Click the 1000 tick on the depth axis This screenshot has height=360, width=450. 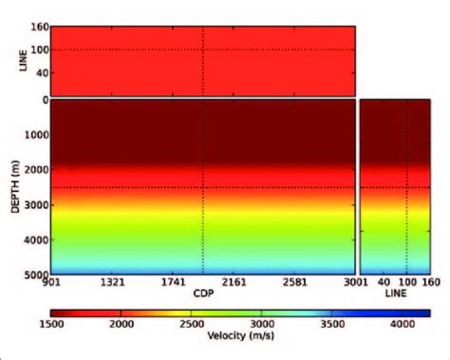pyautogui.click(x=33, y=134)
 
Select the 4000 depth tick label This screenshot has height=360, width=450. pyautogui.click(x=33, y=241)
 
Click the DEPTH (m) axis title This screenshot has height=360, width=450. pyautogui.click(x=13, y=186)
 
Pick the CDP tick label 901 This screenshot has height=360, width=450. pyautogui.click(x=52, y=283)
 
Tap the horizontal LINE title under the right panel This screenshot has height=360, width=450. pyautogui.click(x=395, y=294)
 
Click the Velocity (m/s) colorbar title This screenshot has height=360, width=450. pyautogui.click(x=237, y=335)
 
